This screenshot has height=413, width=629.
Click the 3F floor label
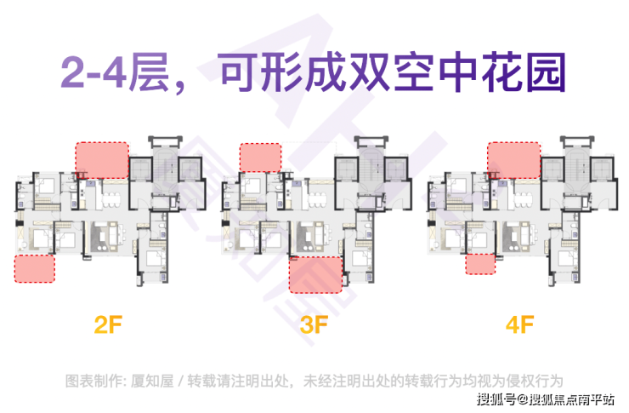(314, 324)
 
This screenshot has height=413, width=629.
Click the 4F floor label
(518, 324)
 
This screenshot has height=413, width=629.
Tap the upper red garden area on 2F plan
(101, 159)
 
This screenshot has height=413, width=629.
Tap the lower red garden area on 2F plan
(35, 268)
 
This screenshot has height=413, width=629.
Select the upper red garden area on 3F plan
(260, 158)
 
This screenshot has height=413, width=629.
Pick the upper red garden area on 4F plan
(514, 159)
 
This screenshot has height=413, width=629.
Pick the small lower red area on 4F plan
(480, 264)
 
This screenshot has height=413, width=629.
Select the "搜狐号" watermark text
(492, 399)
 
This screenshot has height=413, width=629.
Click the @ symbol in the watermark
(516, 399)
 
